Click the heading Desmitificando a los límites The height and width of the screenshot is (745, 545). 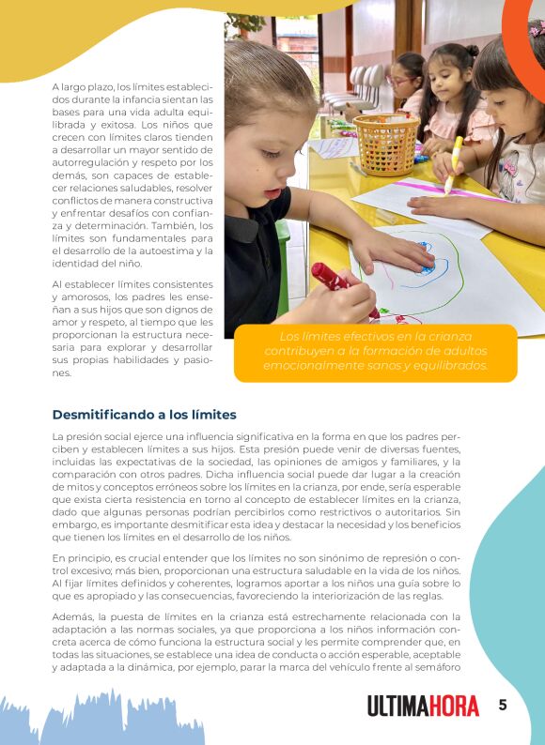pyautogui.click(x=144, y=414)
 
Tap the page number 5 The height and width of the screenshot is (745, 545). pyautogui.click(x=503, y=705)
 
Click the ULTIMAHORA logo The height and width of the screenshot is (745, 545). pyautogui.click(x=423, y=706)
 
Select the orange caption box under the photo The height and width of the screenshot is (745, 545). pyautogui.click(x=375, y=352)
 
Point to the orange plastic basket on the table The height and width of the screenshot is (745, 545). pyautogui.click(x=386, y=144)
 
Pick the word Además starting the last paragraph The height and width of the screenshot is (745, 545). pyautogui.click(x=72, y=616)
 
